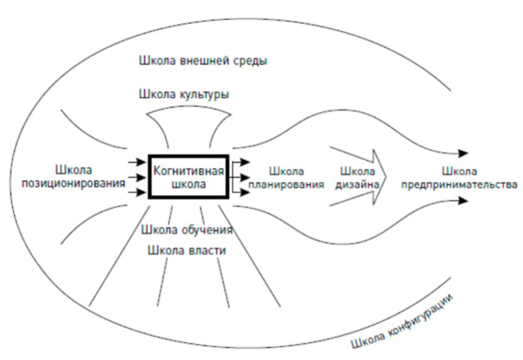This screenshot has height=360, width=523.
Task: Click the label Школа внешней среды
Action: [x=203, y=61]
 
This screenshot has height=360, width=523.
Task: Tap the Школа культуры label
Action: [x=184, y=95]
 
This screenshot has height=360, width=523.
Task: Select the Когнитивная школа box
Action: [x=188, y=177]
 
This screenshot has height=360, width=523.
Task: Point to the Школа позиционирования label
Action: [x=73, y=177]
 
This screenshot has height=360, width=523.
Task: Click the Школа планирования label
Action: [x=286, y=178]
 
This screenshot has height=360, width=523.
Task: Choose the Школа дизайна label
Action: [x=358, y=178]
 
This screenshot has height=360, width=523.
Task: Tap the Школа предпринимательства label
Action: [x=459, y=178]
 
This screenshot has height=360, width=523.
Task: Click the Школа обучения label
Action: [x=187, y=230]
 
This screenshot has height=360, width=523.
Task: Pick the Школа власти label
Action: [x=187, y=250]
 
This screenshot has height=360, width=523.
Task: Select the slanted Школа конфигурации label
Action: [x=403, y=321]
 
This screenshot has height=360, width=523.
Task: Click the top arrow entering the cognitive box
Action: [x=137, y=163]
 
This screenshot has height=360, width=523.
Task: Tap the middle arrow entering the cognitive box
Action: [x=137, y=177]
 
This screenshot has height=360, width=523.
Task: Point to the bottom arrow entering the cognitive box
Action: [x=137, y=192]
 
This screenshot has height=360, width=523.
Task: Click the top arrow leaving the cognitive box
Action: [x=241, y=163]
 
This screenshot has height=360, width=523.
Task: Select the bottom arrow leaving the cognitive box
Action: [x=241, y=192]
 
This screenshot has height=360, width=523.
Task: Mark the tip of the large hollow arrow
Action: [x=386, y=177]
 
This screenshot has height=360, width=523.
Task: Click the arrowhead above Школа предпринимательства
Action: [x=464, y=153]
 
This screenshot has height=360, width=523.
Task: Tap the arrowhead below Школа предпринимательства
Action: [x=464, y=201]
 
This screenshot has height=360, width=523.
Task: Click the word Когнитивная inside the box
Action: [x=188, y=171]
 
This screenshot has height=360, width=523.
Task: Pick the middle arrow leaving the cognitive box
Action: [x=241, y=177]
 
